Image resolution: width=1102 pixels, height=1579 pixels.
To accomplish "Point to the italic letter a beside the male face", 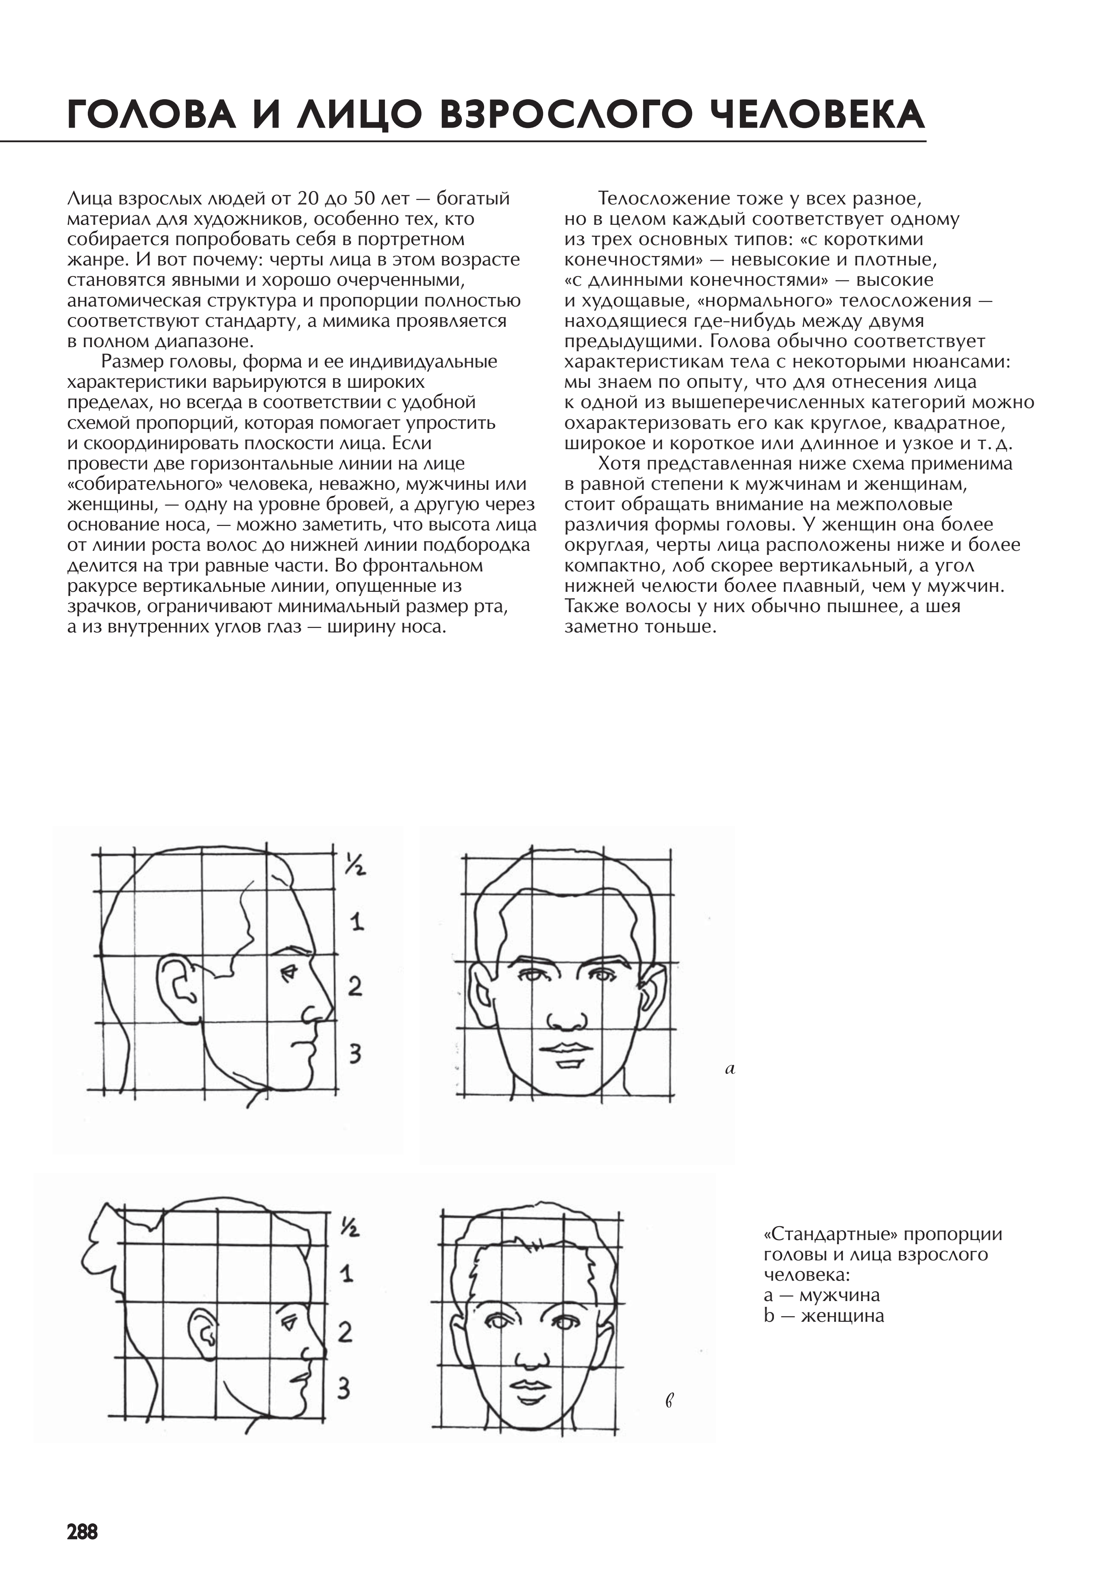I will click(x=730, y=1069).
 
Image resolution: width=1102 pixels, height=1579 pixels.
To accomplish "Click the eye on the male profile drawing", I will click(x=289, y=973).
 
